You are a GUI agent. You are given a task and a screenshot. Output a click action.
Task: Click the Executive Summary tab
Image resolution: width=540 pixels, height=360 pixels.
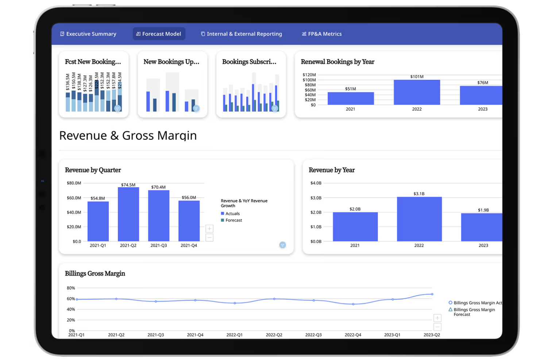tap(88, 34)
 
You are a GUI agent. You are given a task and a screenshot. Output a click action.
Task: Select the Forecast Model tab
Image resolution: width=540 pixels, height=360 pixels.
tap(159, 34)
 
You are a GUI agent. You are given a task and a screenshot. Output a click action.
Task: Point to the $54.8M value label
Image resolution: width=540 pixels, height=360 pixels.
tap(98, 198)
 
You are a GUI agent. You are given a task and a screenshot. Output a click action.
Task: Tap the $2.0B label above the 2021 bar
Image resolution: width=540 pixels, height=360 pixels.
tap(355, 209)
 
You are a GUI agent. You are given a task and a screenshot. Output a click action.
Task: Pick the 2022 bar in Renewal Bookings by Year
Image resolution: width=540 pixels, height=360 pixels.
tap(417, 92)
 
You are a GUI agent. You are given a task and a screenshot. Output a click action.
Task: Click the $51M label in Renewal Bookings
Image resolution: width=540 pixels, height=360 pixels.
tap(351, 89)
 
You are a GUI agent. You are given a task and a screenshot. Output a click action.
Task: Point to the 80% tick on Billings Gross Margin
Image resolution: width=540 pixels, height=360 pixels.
tap(71, 288)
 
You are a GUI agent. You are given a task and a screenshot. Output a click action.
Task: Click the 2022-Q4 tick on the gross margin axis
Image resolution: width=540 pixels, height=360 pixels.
tap(353, 335)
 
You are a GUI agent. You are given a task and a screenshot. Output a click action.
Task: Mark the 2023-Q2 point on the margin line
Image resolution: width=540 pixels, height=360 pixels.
tap(432, 294)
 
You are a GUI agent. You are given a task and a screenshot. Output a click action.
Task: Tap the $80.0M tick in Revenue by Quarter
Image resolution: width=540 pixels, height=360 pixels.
tap(74, 183)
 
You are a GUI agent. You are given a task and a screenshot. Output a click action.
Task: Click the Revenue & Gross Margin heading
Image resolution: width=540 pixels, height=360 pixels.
tap(128, 136)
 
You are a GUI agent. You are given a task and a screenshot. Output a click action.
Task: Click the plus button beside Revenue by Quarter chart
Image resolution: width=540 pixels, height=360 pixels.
tap(209, 229)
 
